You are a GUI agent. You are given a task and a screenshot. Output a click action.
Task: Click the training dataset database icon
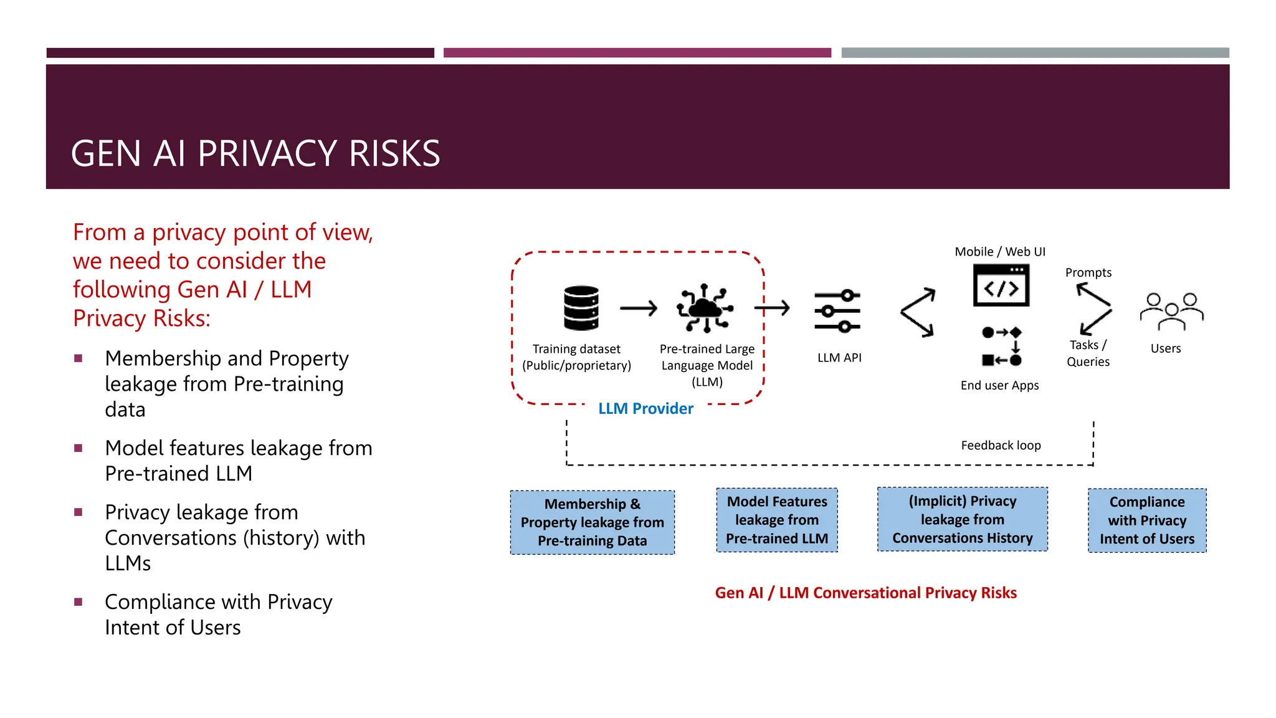[x=581, y=308]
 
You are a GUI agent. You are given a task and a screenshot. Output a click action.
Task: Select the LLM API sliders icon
[x=837, y=310]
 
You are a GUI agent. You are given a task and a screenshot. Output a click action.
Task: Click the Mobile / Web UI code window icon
[x=1001, y=285]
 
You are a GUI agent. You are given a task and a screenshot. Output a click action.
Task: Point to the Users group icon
[x=1171, y=311]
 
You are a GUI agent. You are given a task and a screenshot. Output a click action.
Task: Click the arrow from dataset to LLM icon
[x=639, y=308]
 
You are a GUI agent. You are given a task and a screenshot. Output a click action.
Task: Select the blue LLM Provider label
[x=645, y=409]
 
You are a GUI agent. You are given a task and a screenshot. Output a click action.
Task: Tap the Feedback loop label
[x=1001, y=446]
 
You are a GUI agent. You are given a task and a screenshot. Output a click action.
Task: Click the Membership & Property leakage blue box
[x=592, y=522]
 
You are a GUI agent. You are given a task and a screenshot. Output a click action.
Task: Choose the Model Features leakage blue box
[x=777, y=520]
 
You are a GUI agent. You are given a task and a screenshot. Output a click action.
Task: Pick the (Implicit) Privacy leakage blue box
[x=962, y=519]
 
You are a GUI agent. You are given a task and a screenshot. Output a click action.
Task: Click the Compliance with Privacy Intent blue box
[x=1146, y=520]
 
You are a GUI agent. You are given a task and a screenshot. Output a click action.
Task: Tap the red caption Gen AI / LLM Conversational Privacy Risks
[x=865, y=593]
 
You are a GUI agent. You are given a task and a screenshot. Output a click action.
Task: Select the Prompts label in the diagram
[x=1088, y=272]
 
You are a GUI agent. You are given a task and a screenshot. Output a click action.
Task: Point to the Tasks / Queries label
[x=1088, y=353]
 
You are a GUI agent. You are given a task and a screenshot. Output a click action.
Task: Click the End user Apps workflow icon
[x=1001, y=346]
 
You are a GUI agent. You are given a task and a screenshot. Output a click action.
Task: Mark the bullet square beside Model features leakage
[x=79, y=448]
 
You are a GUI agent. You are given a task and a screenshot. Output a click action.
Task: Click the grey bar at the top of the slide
[x=1035, y=53]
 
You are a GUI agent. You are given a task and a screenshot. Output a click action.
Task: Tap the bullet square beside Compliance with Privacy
[x=79, y=602]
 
